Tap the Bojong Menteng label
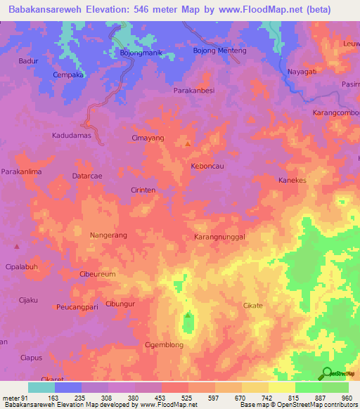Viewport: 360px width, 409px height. (x=219, y=51)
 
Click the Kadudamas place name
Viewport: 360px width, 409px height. (x=72, y=135)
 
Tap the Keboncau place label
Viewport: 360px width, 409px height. (x=207, y=166)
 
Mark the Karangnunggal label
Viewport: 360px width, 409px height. (x=219, y=238)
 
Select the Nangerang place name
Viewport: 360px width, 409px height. (x=109, y=236)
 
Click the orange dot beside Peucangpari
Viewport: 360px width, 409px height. (x=55, y=307)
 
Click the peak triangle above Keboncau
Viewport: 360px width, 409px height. (x=188, y=143)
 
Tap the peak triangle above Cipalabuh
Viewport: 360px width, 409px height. (x=17, y=246)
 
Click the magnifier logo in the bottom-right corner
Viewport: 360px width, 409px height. (x=326, y=373)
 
